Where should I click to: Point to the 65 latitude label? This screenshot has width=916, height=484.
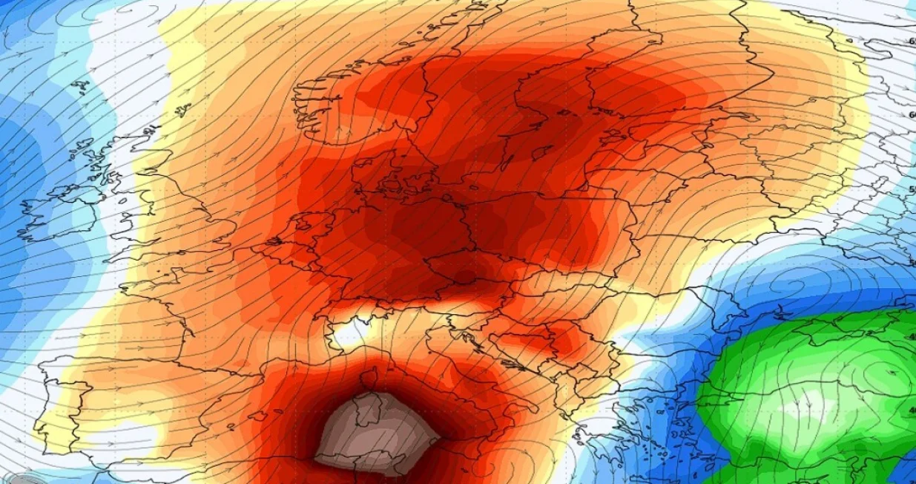click(912, 42)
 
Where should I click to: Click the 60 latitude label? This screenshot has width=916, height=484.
click(912, 115)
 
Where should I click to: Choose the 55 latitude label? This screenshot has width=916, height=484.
click(912, 191)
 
